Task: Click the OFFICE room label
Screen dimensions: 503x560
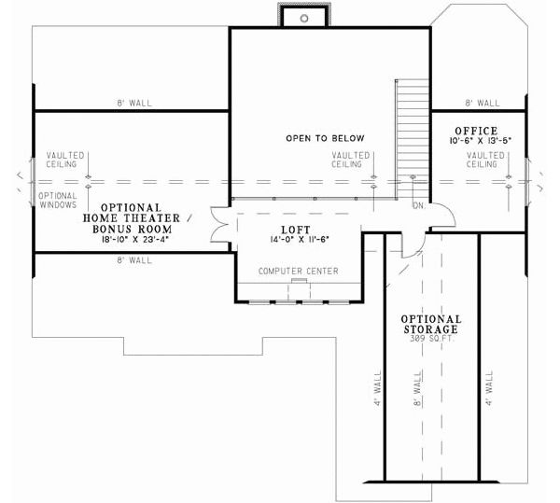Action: tap(476, 131)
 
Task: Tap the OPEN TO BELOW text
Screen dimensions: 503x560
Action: tap(325, 138)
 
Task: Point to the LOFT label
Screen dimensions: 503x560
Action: tap(295, 229)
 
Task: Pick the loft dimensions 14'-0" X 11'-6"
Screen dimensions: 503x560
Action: tap(295, 240)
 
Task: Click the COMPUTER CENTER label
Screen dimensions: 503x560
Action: tap(298, 272)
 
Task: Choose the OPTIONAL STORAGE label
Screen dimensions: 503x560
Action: tap(430, 324)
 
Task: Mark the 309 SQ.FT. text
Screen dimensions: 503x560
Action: tap(430, 338)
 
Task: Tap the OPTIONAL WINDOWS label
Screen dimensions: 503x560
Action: tap(58, 201)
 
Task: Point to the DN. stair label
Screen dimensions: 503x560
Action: tap(418, 205)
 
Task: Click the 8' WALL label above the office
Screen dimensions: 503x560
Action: tap(482, 104)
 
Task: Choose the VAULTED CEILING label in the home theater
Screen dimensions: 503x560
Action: tap(65, 160)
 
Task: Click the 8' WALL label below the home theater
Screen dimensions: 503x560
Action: tap(131, 260)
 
